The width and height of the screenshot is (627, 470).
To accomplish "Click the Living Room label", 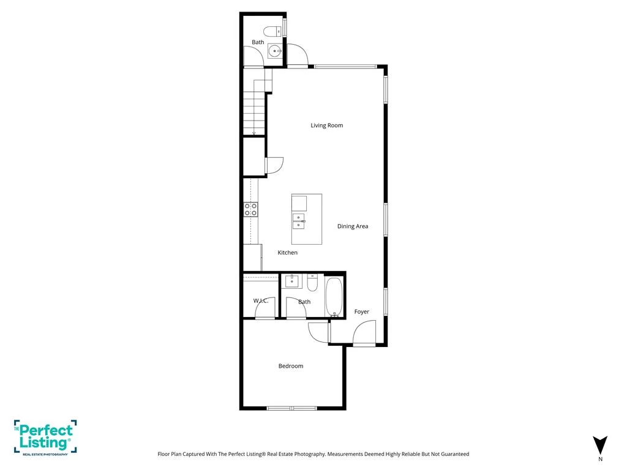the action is [327, 125].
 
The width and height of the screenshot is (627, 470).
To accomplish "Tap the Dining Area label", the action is [353, 226].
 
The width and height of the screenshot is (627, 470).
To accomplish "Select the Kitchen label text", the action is [288, 253].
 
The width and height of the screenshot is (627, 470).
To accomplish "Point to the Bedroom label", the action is [291, 366].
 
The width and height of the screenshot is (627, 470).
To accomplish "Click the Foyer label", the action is [361, 311].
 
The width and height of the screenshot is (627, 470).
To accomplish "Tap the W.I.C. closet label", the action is [261, 300].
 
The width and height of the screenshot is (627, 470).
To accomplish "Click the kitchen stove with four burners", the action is [251, 209].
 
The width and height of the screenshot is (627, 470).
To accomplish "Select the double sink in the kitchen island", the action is [299, 222].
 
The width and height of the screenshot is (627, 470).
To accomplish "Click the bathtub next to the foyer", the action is [334, 297].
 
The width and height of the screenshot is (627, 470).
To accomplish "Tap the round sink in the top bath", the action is [275, 51].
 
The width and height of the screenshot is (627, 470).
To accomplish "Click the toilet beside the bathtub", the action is [312, 282].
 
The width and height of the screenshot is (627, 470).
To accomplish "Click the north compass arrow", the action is [600, 445].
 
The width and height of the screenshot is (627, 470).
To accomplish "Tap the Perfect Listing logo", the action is [45, 438].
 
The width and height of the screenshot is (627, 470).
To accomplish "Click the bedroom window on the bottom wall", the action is [292, 408].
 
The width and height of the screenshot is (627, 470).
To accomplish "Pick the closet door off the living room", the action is [274, 165].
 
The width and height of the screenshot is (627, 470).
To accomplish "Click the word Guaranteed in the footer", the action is [455, 454].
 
